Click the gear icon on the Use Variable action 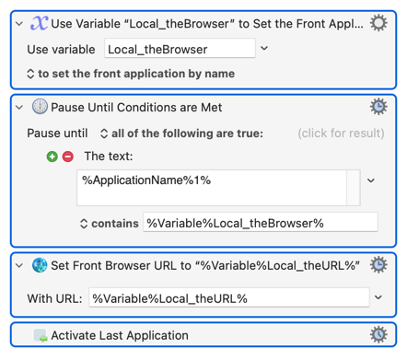pos(378,23)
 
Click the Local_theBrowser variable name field pos(180,49)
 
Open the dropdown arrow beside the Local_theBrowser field pos(264,48)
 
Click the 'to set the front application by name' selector pos(131,74)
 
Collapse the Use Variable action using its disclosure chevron pos(19,24)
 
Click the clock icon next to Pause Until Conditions pos(40,107)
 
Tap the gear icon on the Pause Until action pos(378,107)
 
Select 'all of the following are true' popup pos(181,134)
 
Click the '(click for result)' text pos(341,134)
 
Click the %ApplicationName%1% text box pos(212,188)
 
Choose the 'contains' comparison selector pos(110,224)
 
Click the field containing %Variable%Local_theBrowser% pos(261,222)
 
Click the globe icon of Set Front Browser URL pos(40,265)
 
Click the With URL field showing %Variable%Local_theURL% pos(229,297)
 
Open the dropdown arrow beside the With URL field pos(378,297)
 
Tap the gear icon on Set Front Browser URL pos(378,265)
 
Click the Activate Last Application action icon pos(41,335)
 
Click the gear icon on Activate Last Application pos(378,334)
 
